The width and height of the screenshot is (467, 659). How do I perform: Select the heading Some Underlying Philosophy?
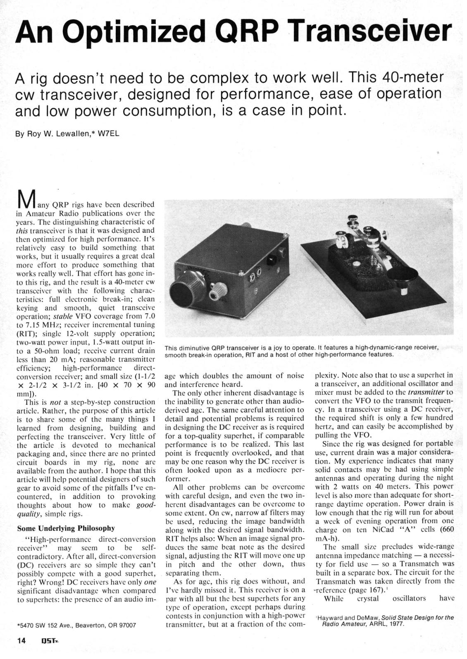tap(66, 528)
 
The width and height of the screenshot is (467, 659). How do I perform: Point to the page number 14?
tap(21, 640)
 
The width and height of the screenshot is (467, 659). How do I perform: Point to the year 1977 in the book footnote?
tap(395, 623)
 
